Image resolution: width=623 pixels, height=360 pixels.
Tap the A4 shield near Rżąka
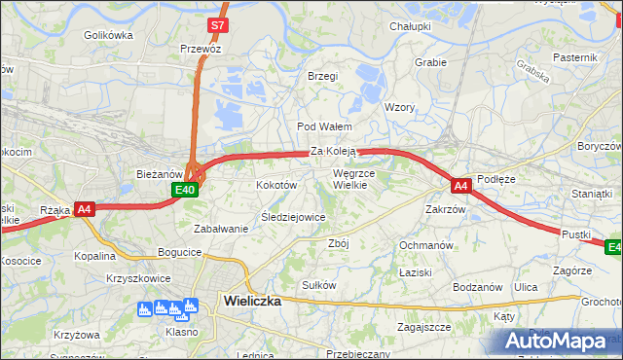pyautogui.click(x=85, y=208)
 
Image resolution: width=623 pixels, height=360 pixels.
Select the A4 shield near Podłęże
pyautogui.click(x=461, y=184)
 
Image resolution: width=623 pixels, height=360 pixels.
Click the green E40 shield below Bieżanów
pyautogui.click(x=187, y=191)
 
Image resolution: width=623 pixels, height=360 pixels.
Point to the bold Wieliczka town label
pyautogui.click(x=252, y=301)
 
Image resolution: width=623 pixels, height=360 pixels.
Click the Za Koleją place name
pyautogui.click(x=334, y=152)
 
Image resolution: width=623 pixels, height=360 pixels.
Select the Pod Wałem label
pyautogui.click(x=323, y=126)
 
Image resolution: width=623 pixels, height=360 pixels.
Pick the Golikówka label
pyautogui.click(x=108, y=35)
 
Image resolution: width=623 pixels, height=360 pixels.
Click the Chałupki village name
pyautogui.click(x=410, y=26)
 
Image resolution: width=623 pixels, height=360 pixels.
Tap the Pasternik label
pyautogui.click(x=574, y=57)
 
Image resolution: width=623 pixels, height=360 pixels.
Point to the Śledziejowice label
pyautogui.click(x=292, y=217)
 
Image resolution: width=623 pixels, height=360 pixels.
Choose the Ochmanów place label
pyautogui.click(x=426, y=245)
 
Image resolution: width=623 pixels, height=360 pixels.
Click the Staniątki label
pyautogui.click(x=592, y=194)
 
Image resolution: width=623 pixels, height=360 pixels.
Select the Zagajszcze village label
pyautogui.click(x=423, y=327)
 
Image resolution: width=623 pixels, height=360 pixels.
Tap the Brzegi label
pyautogui.click(x=322, y=76)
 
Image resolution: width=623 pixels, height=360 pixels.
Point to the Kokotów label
pyautogui.click(x=275, y=184)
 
